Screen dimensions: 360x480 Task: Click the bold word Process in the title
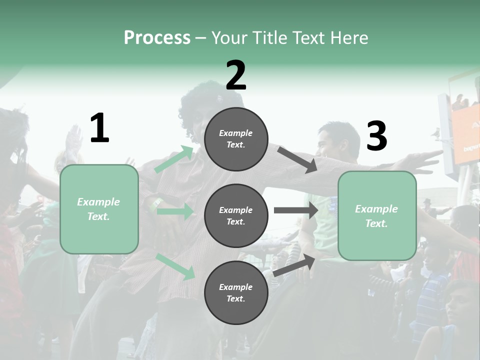(157, 38)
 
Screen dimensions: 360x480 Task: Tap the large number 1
(99, 128)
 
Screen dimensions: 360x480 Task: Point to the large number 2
(236, 75)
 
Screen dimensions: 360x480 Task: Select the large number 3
(376, 136)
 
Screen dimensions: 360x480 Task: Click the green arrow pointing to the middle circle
(175, 211)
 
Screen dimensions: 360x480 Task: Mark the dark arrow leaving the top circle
(297, 159)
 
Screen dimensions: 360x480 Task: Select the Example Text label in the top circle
(236, 139)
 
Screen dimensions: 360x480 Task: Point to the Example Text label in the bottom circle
(236, 293)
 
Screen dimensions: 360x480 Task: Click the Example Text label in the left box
(99, 209)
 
